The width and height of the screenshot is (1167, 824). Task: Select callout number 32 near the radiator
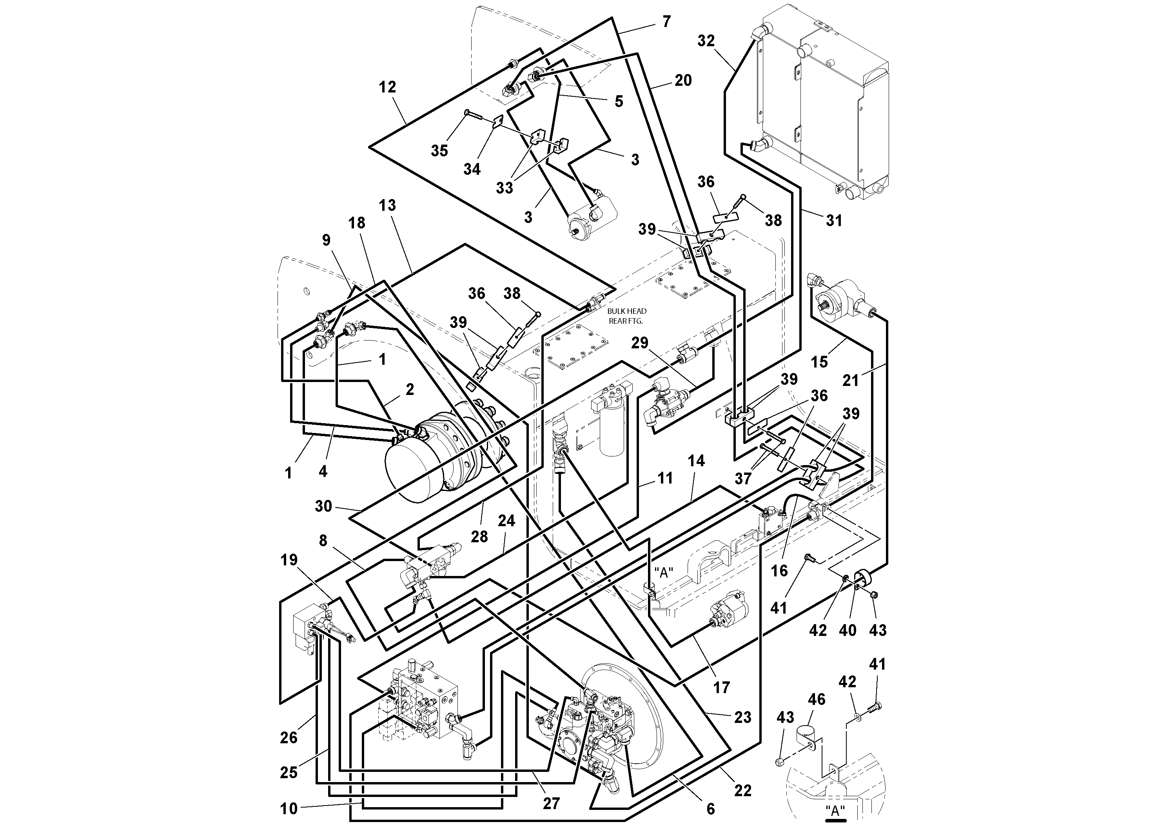(706, 41)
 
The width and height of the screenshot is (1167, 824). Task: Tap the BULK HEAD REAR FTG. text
(626, 316)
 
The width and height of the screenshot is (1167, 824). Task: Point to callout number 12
(387, 87)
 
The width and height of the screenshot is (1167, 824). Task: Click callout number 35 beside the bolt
(440, 150)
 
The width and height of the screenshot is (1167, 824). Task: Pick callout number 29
(640, 343)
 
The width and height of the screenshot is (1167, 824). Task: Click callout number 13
(387, 205)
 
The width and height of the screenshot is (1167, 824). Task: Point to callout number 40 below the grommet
(847, 630)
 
